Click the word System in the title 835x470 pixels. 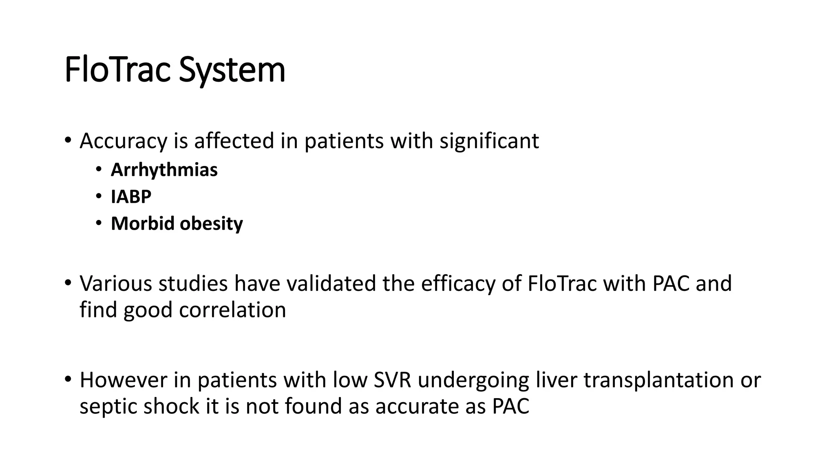[x=232, y=70]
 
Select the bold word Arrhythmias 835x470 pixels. [x=164, y=170]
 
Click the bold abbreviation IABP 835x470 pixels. [x=131, y=197]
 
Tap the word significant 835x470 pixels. [x=489, y=141]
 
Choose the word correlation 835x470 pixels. [x=232, y=310]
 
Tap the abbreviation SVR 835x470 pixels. [x=392, y=380]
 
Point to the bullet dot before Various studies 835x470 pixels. [x=68, y=282]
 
